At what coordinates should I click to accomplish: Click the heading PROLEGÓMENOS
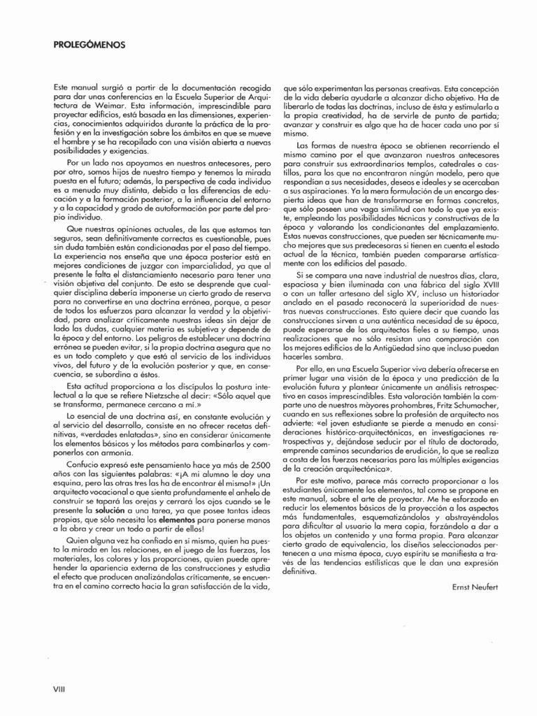click(89, 45)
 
